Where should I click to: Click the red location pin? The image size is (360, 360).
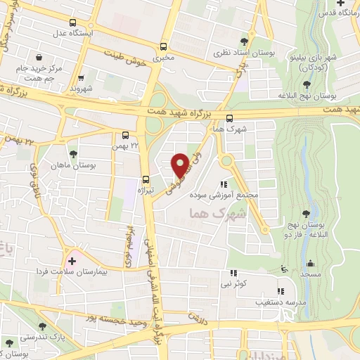click(180, 165)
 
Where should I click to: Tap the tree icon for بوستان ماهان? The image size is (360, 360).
click(73, 153)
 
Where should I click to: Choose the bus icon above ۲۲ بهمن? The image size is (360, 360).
click(126, 134)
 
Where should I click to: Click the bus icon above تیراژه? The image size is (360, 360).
click(146, 179)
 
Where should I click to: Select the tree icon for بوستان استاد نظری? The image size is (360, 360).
click(244, 41)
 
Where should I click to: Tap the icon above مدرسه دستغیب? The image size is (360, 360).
click(281, 290)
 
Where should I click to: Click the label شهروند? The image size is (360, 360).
click(82, 89)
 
